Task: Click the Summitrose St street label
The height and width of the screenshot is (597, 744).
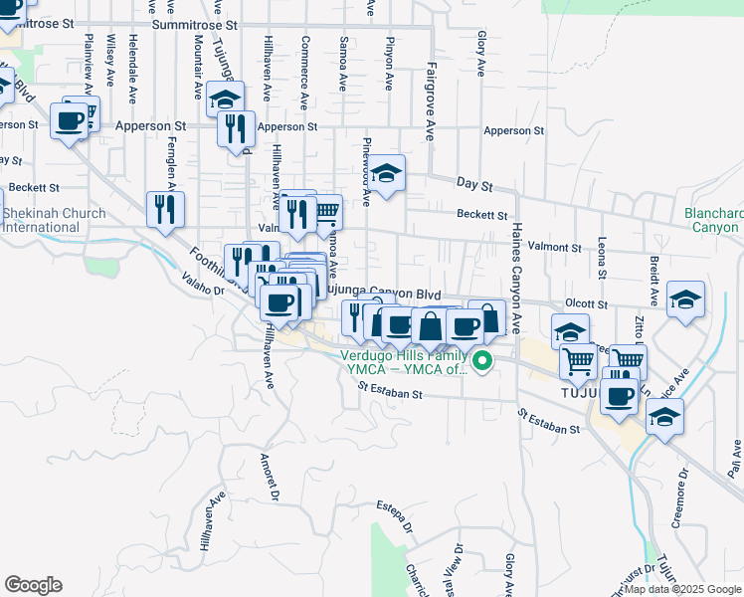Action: [197, 22]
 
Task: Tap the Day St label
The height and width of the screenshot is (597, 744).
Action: [474, 185]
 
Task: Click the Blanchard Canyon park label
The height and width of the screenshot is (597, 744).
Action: [713, 220]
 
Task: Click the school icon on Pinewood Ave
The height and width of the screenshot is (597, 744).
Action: [387, 172]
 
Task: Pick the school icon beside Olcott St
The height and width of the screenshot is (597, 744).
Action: [685, 298]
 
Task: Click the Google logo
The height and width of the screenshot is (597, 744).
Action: [33, 585]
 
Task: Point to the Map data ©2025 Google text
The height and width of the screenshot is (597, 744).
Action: [682, 589]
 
